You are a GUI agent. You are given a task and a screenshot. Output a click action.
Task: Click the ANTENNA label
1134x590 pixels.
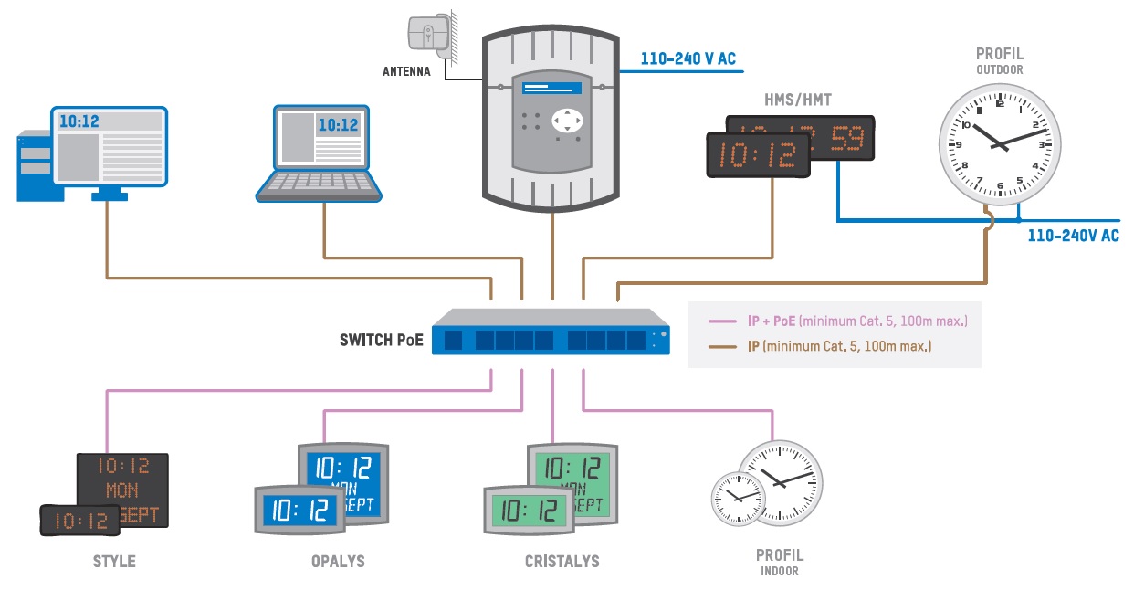tap(406, 71)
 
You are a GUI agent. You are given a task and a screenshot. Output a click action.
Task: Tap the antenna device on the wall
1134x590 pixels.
tap(427, 34)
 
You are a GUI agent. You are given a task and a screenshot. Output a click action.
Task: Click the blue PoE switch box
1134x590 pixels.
tap(551, 333)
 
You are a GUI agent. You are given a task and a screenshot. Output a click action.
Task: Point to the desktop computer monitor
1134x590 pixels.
tap(108, 144)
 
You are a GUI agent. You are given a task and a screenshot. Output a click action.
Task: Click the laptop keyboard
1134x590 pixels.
tap(320, 182)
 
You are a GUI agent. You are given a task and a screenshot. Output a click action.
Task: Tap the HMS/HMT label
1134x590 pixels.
tap(797, 100)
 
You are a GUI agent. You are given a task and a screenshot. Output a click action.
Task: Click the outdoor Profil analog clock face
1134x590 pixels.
tap(1000, 140)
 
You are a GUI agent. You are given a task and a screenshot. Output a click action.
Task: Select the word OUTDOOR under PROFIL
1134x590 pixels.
tap(999, 69)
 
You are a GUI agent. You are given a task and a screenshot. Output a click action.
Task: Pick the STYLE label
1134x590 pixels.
tap(114, 561)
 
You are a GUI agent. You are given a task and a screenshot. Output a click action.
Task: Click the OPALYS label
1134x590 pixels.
tap(338, 561)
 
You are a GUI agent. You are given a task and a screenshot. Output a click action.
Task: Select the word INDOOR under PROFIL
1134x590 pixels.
tap(779, 572)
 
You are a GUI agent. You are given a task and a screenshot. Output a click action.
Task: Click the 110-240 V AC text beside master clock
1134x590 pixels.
tap(688, 59)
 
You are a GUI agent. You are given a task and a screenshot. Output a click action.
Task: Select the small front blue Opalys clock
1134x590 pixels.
tap(299, 508)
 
